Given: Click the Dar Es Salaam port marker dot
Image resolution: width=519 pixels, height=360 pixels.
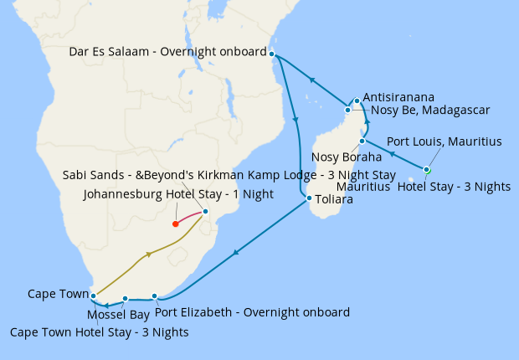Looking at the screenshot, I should pos(272,54).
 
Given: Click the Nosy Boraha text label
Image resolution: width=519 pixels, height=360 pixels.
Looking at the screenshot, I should pos(346,157).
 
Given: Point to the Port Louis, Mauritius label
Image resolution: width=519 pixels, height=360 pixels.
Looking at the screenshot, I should pos(444,141).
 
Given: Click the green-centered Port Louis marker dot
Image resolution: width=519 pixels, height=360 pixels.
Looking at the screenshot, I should pos(426,170).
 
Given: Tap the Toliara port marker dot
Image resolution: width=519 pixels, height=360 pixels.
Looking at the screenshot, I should pos(309,198).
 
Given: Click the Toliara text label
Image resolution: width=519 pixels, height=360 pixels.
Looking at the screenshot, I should pos(334,200).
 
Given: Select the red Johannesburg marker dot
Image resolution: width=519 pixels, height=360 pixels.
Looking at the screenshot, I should pos(175,224).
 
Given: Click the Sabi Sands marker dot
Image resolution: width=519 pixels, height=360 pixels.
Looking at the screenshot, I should pos(205,212).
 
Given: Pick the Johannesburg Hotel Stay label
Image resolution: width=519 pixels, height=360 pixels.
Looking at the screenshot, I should pos(179,194).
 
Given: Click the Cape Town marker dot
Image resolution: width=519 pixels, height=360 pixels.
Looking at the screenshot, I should pos(93,296).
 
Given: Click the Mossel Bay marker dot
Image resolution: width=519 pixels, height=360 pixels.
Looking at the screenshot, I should pos(125,298).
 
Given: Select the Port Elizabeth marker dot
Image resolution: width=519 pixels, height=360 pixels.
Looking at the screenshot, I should pos(155,296).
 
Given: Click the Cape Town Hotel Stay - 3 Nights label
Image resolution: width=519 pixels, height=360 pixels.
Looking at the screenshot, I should pos(99,332).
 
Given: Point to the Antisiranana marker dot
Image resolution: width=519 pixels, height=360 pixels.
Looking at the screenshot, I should pos(357,101).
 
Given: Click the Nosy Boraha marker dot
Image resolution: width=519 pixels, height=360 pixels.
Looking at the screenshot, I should pos(362,141).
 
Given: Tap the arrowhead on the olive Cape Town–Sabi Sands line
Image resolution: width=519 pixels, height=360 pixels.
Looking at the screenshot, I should pos(148,255).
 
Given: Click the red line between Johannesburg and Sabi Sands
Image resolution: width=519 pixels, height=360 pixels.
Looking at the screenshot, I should pos(190,216).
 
